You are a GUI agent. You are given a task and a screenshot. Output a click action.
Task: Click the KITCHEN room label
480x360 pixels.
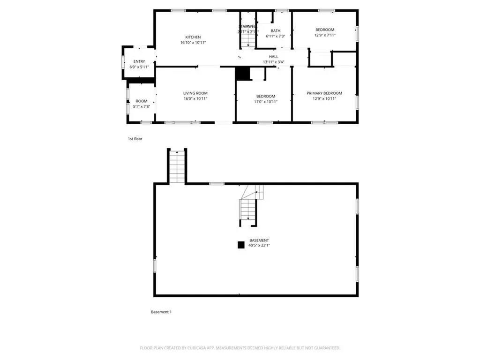pyautogui.click(x=193, y=37)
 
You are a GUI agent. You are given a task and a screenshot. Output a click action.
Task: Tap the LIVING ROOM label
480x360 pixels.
pyautogui.click(x=195, y=93)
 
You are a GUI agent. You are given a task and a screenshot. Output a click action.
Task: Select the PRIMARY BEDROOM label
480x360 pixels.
pyautogui.click(x=324, y=93)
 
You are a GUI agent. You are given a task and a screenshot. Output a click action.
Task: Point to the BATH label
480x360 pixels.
pyautogui.click(x=275, y=31)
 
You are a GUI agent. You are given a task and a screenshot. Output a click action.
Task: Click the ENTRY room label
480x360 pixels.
pyautogui.click(x=139, y=61)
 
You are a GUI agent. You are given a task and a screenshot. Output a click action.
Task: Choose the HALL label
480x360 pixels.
pyautogui.click(x=273, y=57)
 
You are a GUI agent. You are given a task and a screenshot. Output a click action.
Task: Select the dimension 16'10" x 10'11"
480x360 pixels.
pyautogui.click(x=193, y=43)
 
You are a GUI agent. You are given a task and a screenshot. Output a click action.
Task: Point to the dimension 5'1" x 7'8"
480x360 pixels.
pyautogui.click(x=141, y=106)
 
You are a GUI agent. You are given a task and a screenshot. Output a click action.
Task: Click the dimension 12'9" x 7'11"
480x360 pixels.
pyautogui.click(x=324, y=35)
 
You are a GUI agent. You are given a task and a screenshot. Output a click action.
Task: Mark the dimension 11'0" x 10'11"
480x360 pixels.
pyautogui.click(x=265, y=102)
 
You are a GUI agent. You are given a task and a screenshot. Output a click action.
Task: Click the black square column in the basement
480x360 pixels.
pyautogui.click(x=241, y=244)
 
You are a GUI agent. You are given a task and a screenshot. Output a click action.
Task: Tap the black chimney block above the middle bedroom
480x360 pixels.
pyautogui.click(x=242, y=74)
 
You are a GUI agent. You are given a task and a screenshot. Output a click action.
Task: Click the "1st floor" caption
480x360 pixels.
pyautogui.click(x=135, y=139)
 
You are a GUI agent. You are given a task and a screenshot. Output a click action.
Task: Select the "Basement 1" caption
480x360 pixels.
pyautogui.click(x=161, y=312)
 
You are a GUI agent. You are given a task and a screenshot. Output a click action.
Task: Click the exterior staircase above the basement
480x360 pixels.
pyautogui.click(x=177, y=167)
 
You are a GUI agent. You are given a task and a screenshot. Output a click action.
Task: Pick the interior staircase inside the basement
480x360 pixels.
pyautogui.click(x=248, y=208)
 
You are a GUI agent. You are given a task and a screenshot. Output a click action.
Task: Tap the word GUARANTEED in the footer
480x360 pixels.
pyautogui.click(x=325, y=348)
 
